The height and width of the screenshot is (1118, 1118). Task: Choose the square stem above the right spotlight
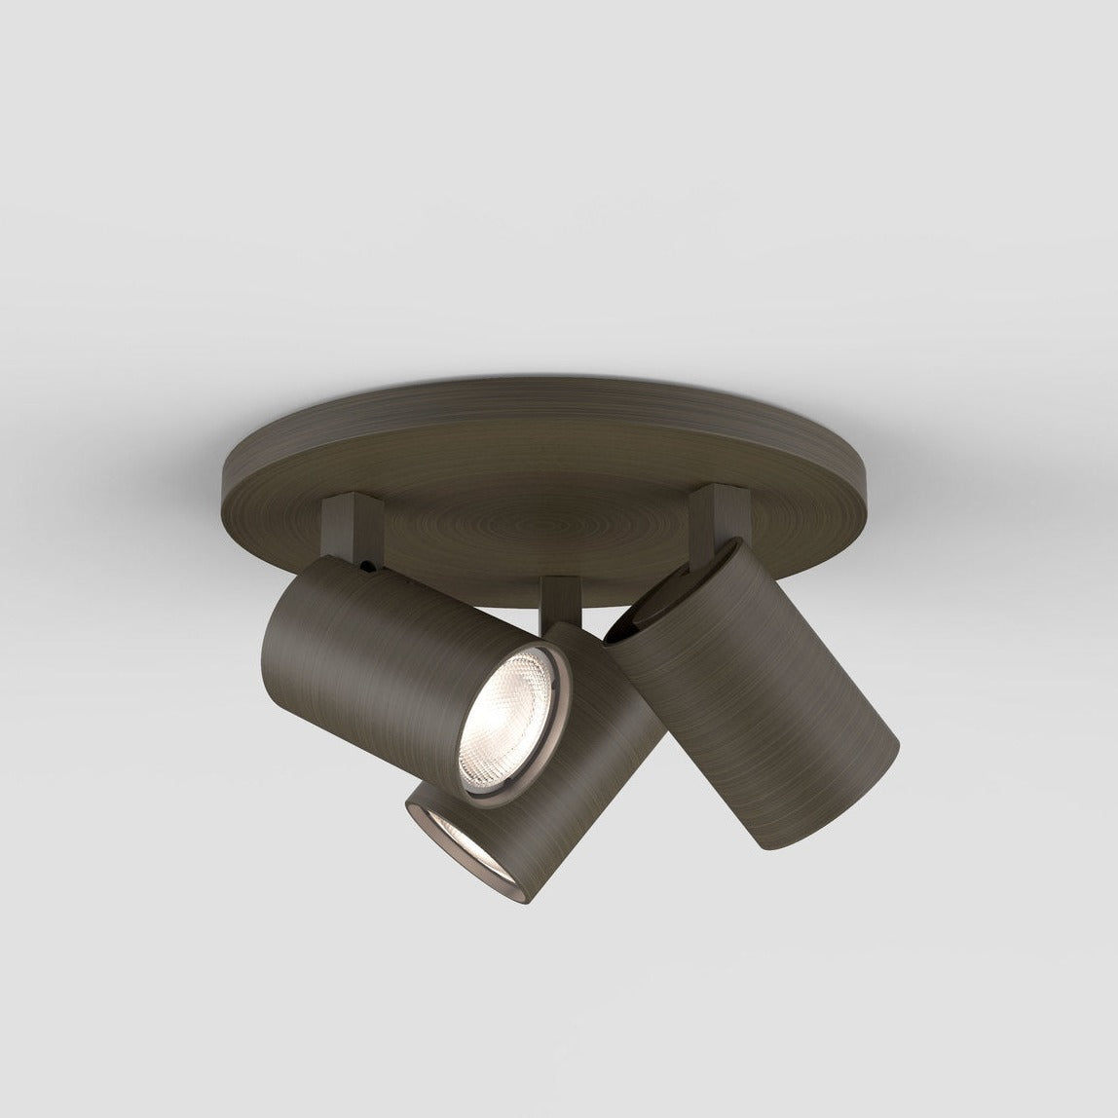click(x=716, y=511)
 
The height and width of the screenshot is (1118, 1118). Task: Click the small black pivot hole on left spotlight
click(x=365, y=565)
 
